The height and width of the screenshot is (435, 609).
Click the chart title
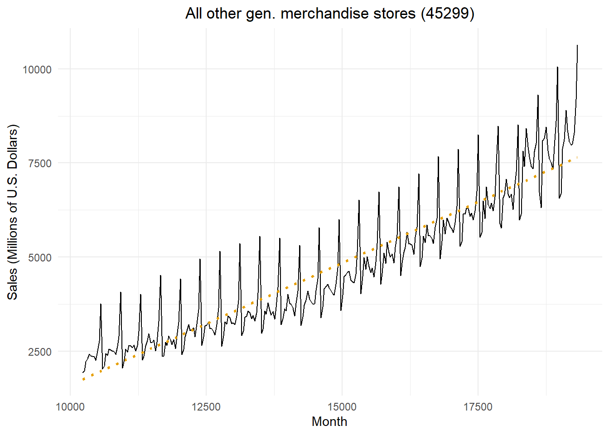[x=329, y=14]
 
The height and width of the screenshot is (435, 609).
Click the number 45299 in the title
[x=447, y=14]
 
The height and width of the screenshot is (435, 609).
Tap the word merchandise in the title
[x=325, y=14]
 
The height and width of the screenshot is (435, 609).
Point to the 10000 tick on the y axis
[x=37, y=69]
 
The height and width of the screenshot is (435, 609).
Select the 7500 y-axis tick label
[x=40, y=163]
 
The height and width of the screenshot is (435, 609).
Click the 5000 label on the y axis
[x=40, y=257]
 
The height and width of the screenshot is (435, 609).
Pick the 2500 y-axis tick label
[x=40, y=352]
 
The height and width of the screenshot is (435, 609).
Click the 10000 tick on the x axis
[x=70, y=406]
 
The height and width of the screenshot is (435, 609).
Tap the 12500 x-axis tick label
[x=206, y=406]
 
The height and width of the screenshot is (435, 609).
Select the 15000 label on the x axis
[x=342, y=406]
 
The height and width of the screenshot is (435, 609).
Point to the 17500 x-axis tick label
[x=478, y=406]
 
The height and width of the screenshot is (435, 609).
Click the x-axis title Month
[x=329, y=421]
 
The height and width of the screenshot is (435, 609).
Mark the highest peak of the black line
[x=577, y=45]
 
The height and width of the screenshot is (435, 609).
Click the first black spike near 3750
[x=101, y=304]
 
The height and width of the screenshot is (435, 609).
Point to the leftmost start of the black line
[x=83, y=372]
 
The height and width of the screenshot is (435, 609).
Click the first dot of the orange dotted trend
[x=84, y=379]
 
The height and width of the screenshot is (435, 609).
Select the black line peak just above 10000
[x=557, y=67]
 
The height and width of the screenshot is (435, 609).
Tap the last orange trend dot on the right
[x=577, y=157]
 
